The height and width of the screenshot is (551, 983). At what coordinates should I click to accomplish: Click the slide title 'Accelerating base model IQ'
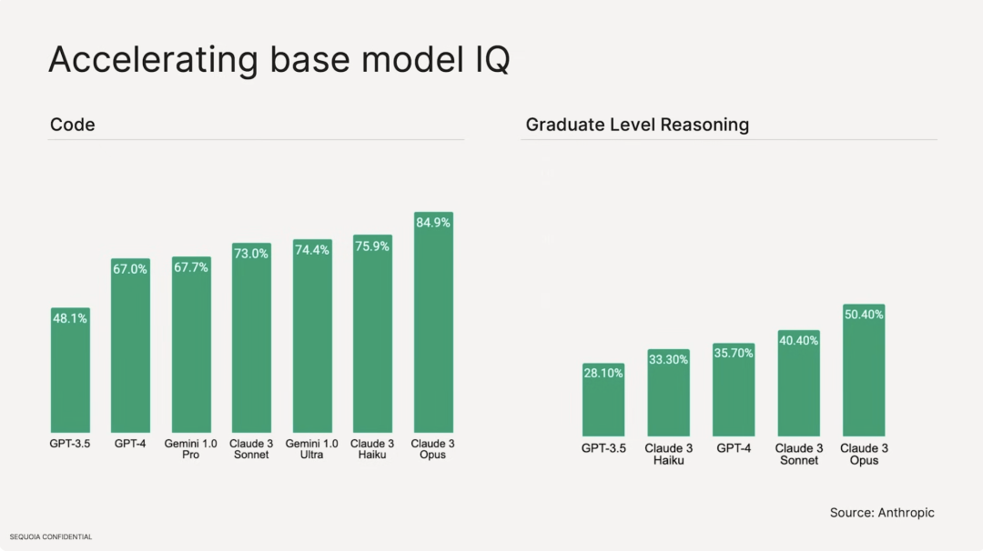coord(279,60)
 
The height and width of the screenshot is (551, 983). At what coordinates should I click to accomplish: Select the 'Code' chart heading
coord(73,125)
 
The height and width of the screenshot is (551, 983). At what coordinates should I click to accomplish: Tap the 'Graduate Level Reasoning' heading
coord(637,125)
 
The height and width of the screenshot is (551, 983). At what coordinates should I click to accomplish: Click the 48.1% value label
coord(70,319)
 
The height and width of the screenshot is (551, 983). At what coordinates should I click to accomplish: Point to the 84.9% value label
coord(433,223)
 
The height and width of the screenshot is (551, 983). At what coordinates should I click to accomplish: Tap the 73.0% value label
coord(251,254)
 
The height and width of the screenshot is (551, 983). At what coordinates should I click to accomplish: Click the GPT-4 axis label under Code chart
coord(130,444)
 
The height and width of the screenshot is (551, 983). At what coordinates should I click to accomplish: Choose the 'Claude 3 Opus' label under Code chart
coord(433,449)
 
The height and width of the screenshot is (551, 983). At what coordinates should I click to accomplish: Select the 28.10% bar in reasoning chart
coord(603,405)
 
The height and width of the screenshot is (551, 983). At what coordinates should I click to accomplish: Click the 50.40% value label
coord(864,315)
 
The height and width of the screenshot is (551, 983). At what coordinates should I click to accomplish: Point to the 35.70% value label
coord(734,353)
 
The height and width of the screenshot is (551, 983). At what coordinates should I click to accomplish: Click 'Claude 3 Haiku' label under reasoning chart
coord(669,454)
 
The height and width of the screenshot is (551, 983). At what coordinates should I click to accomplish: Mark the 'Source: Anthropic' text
coord(882,513)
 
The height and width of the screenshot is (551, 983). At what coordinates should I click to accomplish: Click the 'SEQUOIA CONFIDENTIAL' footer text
coord(51,537)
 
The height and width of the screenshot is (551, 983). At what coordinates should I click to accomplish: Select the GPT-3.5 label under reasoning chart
coord(603,448)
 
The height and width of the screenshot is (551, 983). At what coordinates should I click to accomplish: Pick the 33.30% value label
coord(669,359)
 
